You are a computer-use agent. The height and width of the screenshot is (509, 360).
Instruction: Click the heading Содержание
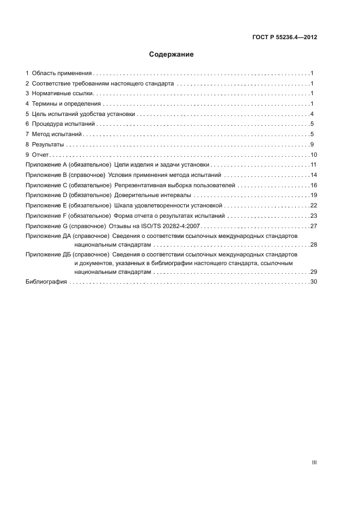click(172, 54)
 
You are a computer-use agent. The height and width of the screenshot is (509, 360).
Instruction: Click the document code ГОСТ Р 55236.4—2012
click(284, 38)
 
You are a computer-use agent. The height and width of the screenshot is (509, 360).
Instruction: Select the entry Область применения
click(62, 73)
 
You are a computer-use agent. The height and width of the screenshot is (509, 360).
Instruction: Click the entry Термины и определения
click(66, 104)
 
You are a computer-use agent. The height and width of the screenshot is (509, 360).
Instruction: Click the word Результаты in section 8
click(48, 144)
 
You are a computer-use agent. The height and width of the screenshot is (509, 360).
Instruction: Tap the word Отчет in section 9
click(41, 155)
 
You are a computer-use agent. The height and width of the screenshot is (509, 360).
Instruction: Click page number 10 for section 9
click(314, 155)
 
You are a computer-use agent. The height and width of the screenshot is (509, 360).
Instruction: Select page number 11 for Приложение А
click(314, 165)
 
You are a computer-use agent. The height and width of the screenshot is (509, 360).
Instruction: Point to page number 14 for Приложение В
click(314, 175)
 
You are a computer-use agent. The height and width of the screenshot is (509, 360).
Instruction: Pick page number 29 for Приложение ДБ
click(314, 272)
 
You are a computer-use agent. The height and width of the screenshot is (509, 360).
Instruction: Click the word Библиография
click(46, 281)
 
